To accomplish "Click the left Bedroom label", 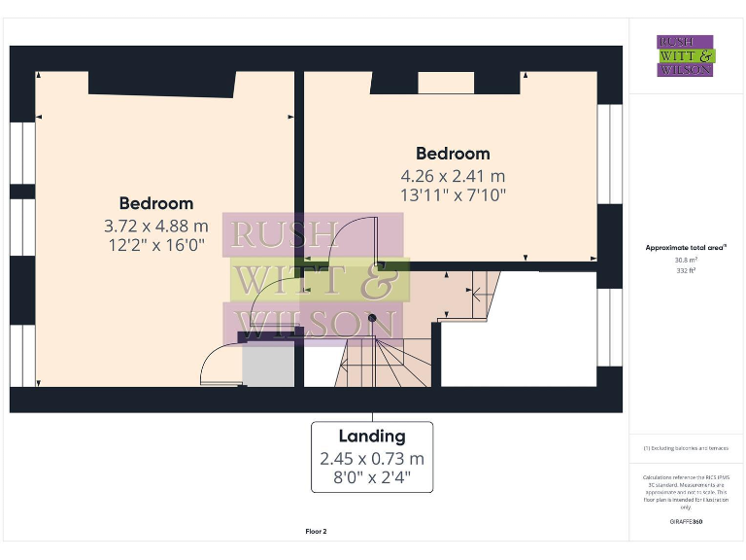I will coord(155,203).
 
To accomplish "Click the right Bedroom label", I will coord(453,154).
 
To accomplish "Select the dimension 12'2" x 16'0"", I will coord(155,245).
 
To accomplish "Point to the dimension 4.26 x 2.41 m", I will coord(453,176).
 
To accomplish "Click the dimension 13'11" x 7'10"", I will coord(453,195).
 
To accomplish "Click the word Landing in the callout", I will coord(372,437).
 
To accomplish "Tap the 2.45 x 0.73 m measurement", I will coord(372,458).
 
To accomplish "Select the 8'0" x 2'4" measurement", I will coord(372,477).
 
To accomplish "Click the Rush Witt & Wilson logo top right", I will coord(685,55).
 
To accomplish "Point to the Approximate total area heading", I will coord(685,248).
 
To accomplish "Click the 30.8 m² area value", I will coord(685,260).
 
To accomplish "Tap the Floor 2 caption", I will coord(316,532).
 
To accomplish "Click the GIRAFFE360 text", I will coord(685,522).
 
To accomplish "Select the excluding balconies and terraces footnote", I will coord(685,448).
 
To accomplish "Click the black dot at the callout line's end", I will coord(372,317).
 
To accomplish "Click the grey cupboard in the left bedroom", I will coord(268,365).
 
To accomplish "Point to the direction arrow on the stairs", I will coord(476,290).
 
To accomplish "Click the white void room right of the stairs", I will coord(519,329).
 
